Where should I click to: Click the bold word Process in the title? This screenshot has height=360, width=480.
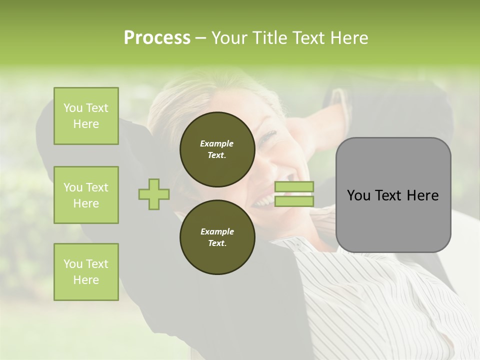point(157,38)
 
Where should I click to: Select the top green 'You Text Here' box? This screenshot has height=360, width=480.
point(86,116)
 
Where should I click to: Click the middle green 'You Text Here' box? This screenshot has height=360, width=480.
point(86,195)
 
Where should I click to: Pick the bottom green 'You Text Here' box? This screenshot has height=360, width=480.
point(86,272)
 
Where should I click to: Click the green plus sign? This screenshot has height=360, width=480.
point(153,194)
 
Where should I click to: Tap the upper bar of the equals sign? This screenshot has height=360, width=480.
point(294,186)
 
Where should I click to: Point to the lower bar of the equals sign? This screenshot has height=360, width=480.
point(294,201)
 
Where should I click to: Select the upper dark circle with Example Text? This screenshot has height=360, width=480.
point(217,149)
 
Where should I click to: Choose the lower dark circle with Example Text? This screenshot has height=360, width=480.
point(217,237)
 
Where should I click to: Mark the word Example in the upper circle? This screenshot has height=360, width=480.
point(217,143)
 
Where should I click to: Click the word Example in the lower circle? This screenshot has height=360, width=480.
point(217,231)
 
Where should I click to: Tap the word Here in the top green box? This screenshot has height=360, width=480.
point(86,124)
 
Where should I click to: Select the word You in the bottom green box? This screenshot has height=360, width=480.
point(72,264)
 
